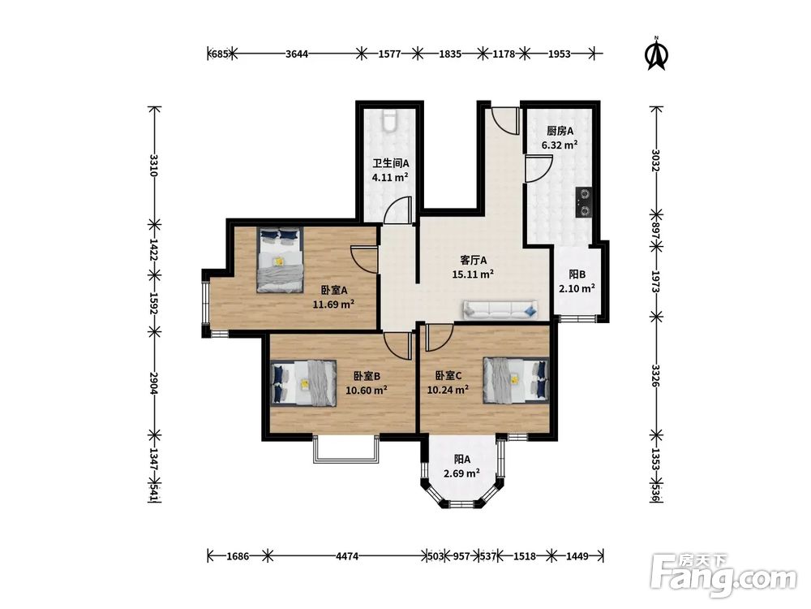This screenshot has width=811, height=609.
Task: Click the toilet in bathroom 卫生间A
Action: pyautogui.click(x=389, y=121)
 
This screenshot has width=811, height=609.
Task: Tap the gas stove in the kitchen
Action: pyautogui.click(x=584, y=202)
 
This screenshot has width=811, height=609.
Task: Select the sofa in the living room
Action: pyautogui.click(x=500, y=309)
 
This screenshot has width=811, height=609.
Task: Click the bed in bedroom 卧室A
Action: pyautogui.click(x=280, y=260)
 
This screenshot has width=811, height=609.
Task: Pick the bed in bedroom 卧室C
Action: pyautogui.click(x=516, y=380)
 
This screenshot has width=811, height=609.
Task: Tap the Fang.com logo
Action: pyautogui.click(x=723, y=575)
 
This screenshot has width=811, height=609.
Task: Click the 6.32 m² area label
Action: pyautogui.click(x=560, y=145)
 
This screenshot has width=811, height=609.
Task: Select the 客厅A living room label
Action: pyautogui.click(x=474, y=261)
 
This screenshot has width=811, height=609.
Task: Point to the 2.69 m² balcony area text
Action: pyautogui.click(x=462, y=473)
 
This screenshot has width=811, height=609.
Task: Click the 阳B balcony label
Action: pyautogui.click(x=577, y=274)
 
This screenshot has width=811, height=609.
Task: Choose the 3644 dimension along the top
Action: pyautogui.click(x=297, y=54)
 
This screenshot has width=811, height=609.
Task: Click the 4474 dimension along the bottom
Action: pyautogui.click(x=347, y=557)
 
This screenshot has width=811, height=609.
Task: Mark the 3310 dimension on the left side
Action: pyautogui.click(x=153, y=165)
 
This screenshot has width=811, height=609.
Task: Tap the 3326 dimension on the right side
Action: pyautogui.click(x=656, y=376)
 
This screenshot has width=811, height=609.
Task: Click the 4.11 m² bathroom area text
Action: pyautogui.click(x=391, y=178)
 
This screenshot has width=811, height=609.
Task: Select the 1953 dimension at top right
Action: pyautogui.click(x=559, y=54)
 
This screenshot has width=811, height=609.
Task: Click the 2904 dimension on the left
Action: pyautogui.click(x=153, y=382)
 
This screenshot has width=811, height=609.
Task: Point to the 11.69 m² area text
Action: pyautogui.click(x=333, y=304)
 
